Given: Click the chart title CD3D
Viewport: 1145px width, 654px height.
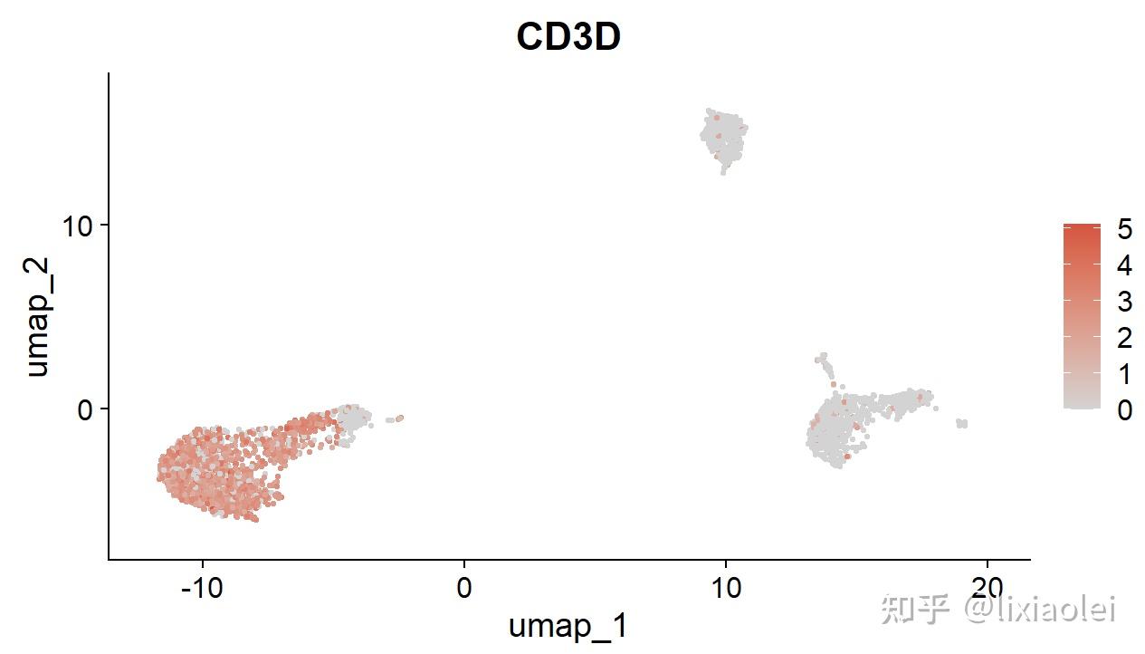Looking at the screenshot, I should [x=568, y=37].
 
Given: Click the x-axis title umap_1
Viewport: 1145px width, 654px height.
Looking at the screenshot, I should [x=568, y=626].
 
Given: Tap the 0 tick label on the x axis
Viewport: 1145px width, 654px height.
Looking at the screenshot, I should [x=464, y=589].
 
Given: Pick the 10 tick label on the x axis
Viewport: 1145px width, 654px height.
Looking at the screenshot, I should [x=725, y=589].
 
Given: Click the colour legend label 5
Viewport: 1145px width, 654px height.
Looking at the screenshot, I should [x=1124, y=229].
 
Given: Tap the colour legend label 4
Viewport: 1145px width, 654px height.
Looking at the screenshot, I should [x=1124, y=265].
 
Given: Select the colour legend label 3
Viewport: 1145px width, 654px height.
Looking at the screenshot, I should [x=1124, y=302].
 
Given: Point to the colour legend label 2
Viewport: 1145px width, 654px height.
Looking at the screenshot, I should [x=1124, y=338].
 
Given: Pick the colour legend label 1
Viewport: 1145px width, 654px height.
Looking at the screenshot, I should [x=1124, y=374].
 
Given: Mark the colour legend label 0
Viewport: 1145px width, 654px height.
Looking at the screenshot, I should [x=1124, y=410].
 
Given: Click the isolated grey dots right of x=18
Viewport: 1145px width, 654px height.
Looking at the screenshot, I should [x=961, y=423].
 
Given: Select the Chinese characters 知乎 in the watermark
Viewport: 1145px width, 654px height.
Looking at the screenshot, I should [x=914, y=609].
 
